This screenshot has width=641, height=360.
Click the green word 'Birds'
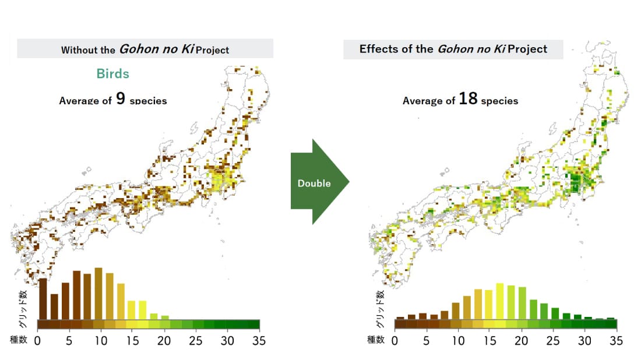pyautogui.click(x=113, y=74)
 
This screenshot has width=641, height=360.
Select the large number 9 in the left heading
pyautogui.click(x=120, y=98)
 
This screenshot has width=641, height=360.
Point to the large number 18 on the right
pyautogui.click(x=468, y=98)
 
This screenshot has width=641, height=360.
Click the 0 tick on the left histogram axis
pyautogui.click(x=38, y=340)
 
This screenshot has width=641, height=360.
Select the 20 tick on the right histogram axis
pyautogui.click(x=522, y=340)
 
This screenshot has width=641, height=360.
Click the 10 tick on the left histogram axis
pyautogui.click(x=100, y=340)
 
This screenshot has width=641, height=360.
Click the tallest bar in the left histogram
pyautogui.click(x=98, y=293)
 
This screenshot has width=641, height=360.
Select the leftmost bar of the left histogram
pyautogui.click(x=43, y=298)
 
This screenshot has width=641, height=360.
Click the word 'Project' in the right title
pyautogui.click(x=527, y=49)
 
